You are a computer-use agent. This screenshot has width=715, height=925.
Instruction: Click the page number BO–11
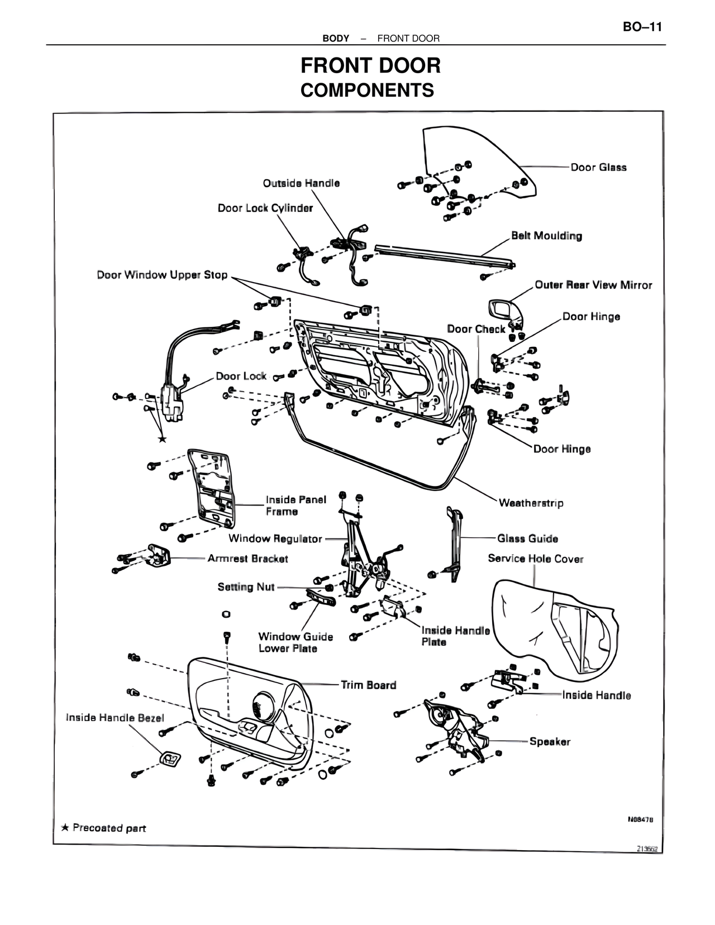[642, 27]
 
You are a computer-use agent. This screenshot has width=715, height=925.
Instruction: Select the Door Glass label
[598, 167]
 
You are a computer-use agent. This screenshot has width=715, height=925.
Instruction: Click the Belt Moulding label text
[546, 236]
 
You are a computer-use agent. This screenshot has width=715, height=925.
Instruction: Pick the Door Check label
[476, 329]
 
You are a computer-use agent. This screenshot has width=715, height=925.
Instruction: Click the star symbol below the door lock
[162, 440]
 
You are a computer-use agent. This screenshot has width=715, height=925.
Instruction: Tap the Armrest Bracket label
[247, 559]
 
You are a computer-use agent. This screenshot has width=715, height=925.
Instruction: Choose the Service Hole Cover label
[535, 559]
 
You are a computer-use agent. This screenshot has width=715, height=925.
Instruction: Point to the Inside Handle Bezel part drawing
[171, 759]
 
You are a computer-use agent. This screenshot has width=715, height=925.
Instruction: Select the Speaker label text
[550, 742]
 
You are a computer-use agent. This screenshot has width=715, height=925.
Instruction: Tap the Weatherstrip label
[531, 503]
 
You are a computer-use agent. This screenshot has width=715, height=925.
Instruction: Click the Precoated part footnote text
[109, 828]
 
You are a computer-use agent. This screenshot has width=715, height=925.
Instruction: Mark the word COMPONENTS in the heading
[367, 90]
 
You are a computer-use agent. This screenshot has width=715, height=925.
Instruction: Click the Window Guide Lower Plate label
[295, 642]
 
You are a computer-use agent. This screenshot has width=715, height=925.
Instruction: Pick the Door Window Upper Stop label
[162, 275]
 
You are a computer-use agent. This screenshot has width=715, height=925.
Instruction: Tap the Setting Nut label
[246, 587]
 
